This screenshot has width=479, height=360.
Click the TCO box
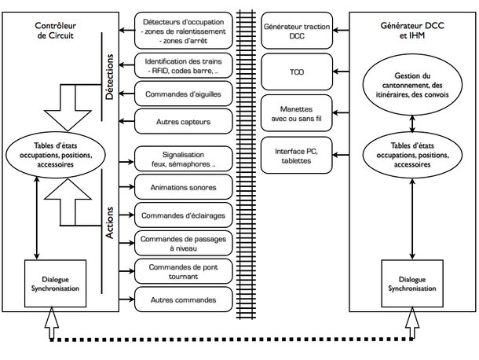click(x=297, y=72)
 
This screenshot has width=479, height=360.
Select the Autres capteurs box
click(x=183, y=121)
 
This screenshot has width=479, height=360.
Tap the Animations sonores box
click(x=183, y=187)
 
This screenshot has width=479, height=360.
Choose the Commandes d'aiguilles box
click(x=183, y=94)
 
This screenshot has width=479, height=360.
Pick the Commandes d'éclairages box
click(x=183, y=215)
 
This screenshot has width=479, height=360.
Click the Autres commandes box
click(x=183, y=299)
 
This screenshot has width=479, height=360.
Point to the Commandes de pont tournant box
click(x=183, y=271)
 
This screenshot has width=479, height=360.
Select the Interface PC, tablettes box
click(x=296, y=156)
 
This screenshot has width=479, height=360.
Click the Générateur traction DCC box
click(x=297, y=31)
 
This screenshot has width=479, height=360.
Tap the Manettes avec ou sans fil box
click(x=296, y=113)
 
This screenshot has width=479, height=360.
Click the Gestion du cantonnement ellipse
click(x=412, y=85)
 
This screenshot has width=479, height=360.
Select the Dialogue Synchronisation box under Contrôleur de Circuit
click(x=55, y=284)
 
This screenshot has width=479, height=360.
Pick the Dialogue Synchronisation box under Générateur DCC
click(x=412, y=284)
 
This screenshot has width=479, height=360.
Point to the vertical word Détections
click(x=109, y=77)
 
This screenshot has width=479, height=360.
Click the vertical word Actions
click(x=109, y=222)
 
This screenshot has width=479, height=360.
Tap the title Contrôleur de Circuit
click(x=55, y=31)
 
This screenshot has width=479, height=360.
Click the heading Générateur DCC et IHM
click(x=412, y=31)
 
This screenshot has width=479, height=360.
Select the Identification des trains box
click(x=183, y=66)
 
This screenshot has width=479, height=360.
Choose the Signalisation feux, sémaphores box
click(x=183, y=159)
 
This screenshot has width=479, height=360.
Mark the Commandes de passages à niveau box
click(x=183, y=243)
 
